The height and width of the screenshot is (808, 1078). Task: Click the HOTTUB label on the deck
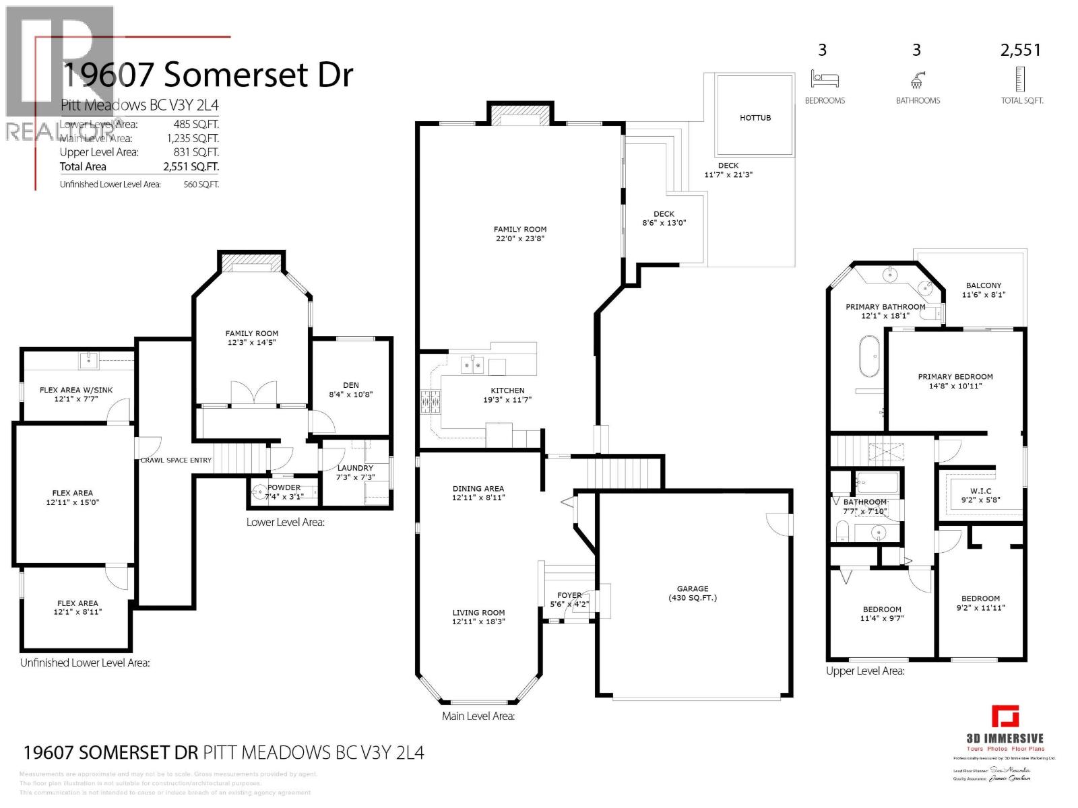pyautogui.click(x=755, y=118)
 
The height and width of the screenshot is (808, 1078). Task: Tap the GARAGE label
pyautogui.click(x=693, y=588)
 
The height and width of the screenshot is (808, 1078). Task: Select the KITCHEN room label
pyautogui.click(x=507, y=391)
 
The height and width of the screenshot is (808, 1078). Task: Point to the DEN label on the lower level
pyautogui.click(x=350, y=385)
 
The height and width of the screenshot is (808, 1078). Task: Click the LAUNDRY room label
pyautogui.click(x=355, y=468)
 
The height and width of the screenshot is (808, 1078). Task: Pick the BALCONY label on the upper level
pyautogui.click(x=983, y=285)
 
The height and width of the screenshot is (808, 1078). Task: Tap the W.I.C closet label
pyautogui.click(x=980, y=491)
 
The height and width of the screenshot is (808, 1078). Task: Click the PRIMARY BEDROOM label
pyautogui.click(x=955, y=377)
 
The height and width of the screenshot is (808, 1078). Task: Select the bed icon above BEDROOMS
pyautogui.click(x=825, y=79)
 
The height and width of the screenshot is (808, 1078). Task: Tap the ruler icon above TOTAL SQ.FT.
pyautogui.click(x=1021, y=79)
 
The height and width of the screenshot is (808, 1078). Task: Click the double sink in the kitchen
pyautogui.click(x=472, y=366)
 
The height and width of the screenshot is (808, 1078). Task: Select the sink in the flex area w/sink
pyautogui.click(x=88, y=360)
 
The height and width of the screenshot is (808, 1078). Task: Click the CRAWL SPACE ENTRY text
pyautogui.click(x=176, y=461)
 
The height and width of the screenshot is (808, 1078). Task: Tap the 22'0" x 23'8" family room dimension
pyautogui.click(x=519, y=238)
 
